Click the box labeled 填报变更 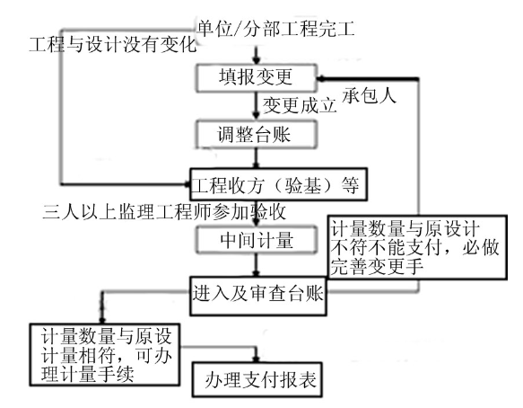256,78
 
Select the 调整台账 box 256,134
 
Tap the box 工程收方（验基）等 278,184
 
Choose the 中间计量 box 256,240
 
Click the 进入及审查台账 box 257,296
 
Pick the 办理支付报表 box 257,380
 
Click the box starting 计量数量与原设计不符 418,247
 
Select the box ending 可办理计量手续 105,355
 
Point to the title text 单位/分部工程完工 275,29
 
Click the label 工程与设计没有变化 113,44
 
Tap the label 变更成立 300,105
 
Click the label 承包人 369,95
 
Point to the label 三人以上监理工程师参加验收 164,211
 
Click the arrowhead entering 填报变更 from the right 321,78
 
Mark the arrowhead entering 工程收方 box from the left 187,184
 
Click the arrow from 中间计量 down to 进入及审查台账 256,265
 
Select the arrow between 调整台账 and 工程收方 256,158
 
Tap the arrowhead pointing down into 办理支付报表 256,359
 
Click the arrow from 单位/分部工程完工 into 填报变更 256,56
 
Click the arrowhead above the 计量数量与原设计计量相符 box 102,319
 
